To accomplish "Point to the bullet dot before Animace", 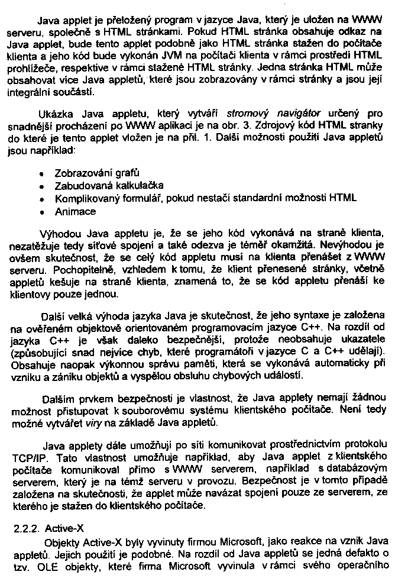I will coord(41,211).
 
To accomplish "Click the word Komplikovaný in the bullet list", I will coord(84,198).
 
